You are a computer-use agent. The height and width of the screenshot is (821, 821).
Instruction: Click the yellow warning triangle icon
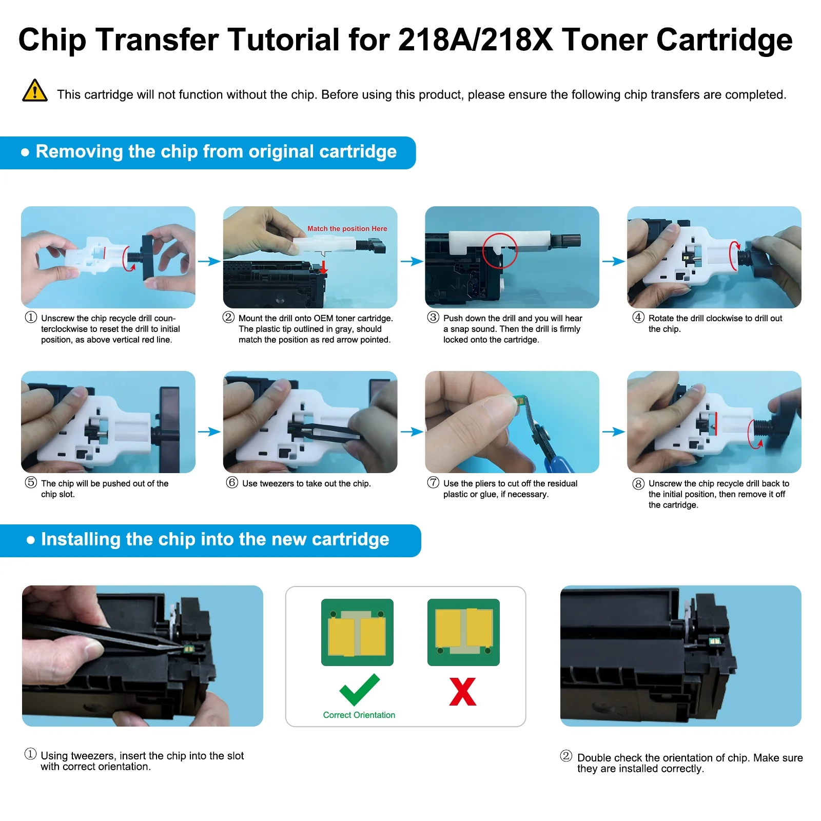tap(35, 91)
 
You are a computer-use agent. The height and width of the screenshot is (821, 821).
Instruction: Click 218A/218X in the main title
tap(475, 40)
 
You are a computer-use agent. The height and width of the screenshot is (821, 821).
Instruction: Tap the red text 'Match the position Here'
tap(347, 229)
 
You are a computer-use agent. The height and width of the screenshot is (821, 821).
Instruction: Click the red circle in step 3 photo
tap(499, 250)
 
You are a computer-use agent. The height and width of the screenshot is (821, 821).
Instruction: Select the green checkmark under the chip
tap(359, 689)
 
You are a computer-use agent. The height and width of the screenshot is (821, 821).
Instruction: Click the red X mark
tap(462, 692)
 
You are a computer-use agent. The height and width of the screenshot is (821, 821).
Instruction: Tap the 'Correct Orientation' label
tap(359, 715)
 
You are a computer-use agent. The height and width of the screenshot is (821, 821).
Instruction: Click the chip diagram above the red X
tap(463, 632)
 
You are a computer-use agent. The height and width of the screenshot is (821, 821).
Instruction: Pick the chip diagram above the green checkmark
tap(357, 632)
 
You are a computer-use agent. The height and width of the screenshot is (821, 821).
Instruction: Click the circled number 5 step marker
tap(31, 482)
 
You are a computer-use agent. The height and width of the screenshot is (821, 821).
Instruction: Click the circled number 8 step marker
tap(638, 483)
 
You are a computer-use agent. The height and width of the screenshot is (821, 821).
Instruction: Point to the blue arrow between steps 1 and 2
tap(209, 262)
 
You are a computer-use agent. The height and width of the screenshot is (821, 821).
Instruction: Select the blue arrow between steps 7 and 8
tap(613, 432)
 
